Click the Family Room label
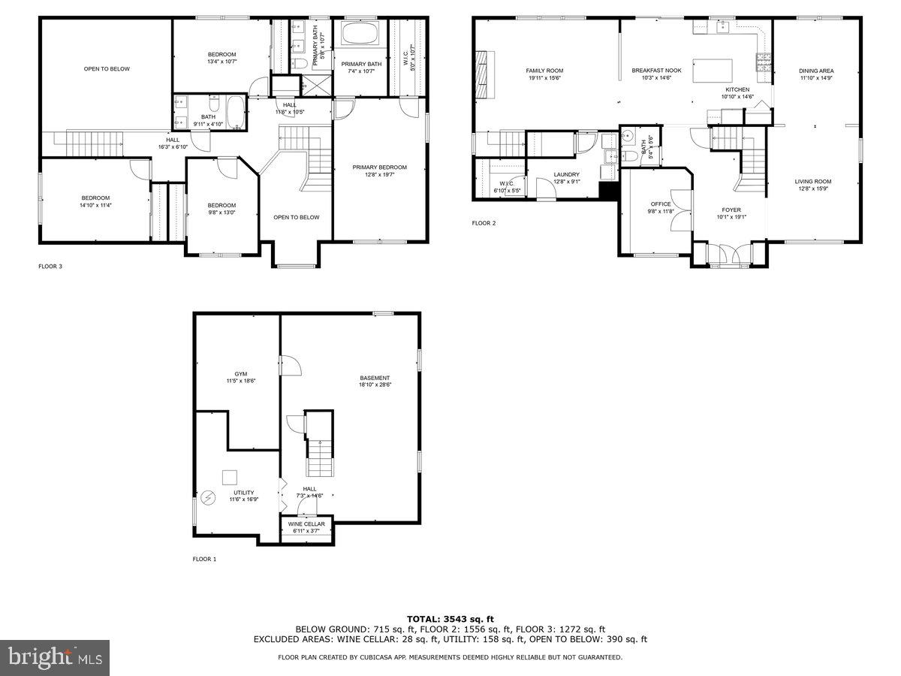(544, 71)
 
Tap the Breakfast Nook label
(656, 71)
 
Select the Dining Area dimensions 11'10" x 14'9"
(816, 77)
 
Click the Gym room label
(240, 373)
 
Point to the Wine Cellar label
(306, 524)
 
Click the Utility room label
(243, 493)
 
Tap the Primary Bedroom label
(380, 167)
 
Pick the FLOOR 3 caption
(50, 266)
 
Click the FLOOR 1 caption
(204, 559)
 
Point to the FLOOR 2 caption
(484, 223)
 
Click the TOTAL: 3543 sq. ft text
(450, 619)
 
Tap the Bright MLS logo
(55, 658)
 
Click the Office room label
(661, 204)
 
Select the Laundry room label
(567, 174)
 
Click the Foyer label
(731, 210)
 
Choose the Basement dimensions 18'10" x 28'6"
(375, 385)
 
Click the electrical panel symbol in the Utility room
(208, 497)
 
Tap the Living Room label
(813, 181)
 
